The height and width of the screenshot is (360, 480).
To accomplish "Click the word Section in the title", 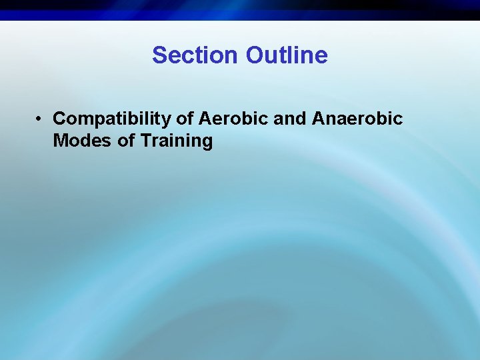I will click(x=196, y=55).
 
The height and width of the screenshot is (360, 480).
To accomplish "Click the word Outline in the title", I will click(x=287, y=55).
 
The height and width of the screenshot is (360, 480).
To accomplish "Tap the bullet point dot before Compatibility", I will click(x=41, y=119).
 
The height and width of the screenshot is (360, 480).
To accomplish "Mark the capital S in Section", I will click(x=159, y=55).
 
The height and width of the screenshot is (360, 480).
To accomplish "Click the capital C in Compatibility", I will click(x=59, y=119).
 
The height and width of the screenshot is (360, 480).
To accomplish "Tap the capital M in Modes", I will click(x=60, y=141).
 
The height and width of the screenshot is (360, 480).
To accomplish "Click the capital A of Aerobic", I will click(x=204, y=119).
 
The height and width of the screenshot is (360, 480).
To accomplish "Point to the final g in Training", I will click(x=207, y=143).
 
